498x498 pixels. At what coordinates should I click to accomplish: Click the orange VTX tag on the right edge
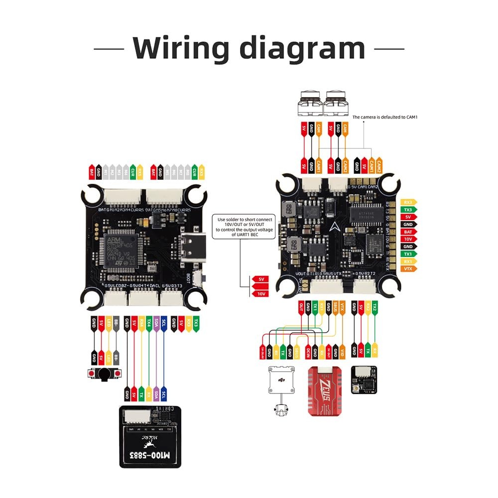408,269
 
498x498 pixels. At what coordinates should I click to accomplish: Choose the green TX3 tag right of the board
408,210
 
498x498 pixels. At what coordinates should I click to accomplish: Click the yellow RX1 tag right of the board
408,261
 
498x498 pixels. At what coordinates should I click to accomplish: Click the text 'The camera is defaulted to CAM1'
384,117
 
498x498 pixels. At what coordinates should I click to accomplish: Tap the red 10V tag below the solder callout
260,293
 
